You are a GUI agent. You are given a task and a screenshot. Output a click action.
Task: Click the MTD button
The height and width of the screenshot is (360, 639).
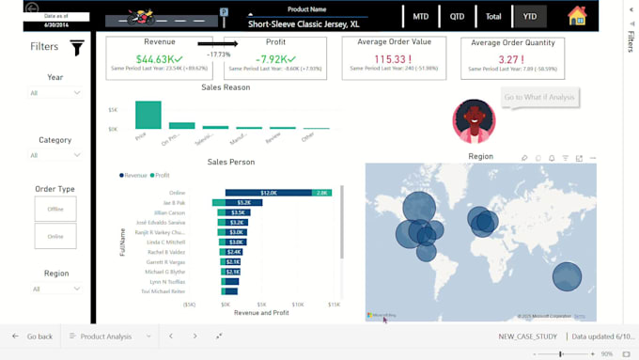click(x=421, y=17)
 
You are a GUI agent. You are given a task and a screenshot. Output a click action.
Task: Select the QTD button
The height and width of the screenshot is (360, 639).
click(x=457, y=17)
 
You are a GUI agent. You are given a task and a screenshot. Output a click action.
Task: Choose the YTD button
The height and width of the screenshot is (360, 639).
click(x=529, y=17)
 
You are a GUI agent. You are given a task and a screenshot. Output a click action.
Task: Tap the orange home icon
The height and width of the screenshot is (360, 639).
click(x=577, y=16)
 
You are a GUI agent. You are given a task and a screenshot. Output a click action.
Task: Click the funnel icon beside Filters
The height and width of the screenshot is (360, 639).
click(x=77, y=48)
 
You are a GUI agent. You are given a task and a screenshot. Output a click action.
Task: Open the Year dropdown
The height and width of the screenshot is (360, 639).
click(x=55, y=93)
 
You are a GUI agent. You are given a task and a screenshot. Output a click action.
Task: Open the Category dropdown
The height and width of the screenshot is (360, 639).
click(x=55, y=155)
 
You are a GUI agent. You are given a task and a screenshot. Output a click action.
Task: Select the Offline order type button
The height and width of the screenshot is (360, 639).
click(x=55, y=209)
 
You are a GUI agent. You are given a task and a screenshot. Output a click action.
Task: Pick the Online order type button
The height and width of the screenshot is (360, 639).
click(x=55, y=236)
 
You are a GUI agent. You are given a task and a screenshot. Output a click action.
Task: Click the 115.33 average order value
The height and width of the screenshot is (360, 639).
click(x=394, y=59)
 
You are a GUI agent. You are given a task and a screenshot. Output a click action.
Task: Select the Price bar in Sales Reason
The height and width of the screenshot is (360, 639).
click(x=148, y=115)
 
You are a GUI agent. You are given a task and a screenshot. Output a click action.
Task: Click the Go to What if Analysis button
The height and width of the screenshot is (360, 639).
click(x=539, y=98)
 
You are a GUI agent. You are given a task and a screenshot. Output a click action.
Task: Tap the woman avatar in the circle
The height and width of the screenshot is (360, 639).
click(x=474, y=121)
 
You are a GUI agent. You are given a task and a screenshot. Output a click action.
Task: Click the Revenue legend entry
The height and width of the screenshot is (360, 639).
click(x=133, y=175)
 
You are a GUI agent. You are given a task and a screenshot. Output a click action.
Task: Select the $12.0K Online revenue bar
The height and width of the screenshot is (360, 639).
click(x=269, y=193)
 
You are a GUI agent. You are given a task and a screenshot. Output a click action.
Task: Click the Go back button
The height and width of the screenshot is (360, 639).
click(x=32, y=336)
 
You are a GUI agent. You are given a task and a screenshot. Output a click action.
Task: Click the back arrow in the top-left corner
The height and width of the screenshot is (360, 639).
click(x=32, y=8)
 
